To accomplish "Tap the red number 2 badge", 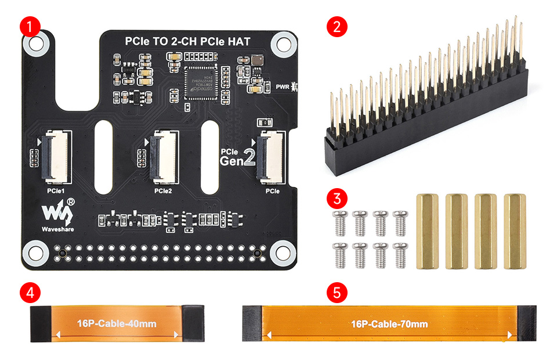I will pyautogui.click(x=337, y=26).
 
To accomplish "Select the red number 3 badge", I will pyautogui.click(x=337, y=199).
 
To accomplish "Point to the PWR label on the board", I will pyautogui.click(x=283, y=87).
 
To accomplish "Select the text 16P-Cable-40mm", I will pyautogui.click(x=117, y=324).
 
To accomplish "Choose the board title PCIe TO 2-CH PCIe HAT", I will pyautogui.click(x=191, y=41).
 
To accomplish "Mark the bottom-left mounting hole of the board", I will pyautogui.click(x=35, y=251).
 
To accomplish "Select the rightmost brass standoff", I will pyautogui.click(x=514, y=231).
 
